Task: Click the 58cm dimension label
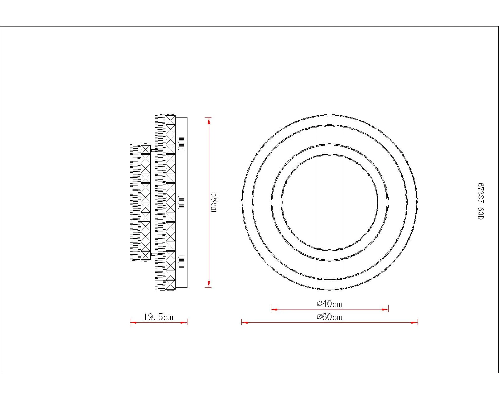(215, 202)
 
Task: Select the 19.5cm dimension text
(158, 317)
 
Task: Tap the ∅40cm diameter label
(330, 304)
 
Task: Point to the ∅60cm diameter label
(330, 317)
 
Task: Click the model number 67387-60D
(481, 201)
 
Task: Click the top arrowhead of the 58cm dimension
(209, 121)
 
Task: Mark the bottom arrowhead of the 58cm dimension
(209, 284)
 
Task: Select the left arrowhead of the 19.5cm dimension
(133, 323)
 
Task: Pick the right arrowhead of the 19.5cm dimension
(184, 323)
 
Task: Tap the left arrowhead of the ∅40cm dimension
(274, 309)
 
